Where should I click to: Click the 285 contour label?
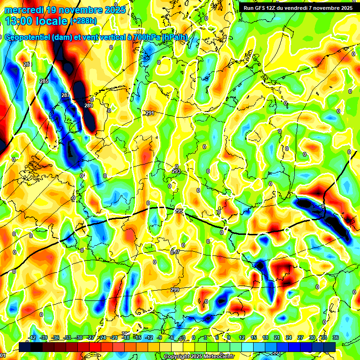pos(44,82)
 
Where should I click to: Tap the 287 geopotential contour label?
pos(65,96)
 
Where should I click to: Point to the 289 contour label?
pos(88,105)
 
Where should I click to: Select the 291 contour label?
pos(150,113)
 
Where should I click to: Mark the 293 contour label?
pos(176,172)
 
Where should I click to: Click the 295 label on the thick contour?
pos(179,211)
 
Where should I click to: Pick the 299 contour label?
pos(175,290)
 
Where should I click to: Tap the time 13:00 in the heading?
pos(18,21)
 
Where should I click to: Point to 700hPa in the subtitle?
pos(144,37)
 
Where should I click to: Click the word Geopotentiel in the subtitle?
pos(28,37)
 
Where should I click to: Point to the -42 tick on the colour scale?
pos(32,337)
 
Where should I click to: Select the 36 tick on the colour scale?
pos(336,337)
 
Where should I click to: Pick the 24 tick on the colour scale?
pos(289,337)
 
